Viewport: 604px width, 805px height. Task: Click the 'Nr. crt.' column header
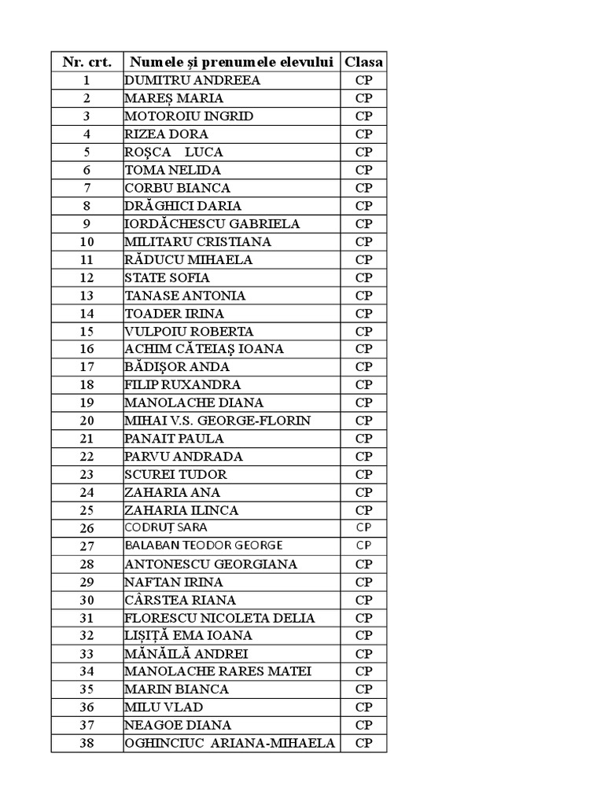[87, 62]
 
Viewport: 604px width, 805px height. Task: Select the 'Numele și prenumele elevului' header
[232, 62]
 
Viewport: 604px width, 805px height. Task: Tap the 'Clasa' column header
[363, 62]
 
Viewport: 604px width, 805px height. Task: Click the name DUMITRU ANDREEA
[192, 80]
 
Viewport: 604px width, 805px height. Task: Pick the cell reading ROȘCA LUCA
[174, 152]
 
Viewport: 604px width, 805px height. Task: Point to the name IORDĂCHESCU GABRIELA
[212, 223]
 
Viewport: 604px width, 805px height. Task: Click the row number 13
[87, 296]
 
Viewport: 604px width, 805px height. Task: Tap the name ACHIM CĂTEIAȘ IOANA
[204, 349]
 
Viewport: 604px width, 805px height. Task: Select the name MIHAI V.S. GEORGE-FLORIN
[217, 421]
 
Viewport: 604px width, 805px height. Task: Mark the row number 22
[87, 457]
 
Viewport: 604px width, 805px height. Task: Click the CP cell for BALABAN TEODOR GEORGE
[363, 546]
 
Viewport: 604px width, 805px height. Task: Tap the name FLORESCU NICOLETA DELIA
[219, 618]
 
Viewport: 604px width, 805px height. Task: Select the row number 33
[87, 654]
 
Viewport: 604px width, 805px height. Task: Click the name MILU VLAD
[164, 708]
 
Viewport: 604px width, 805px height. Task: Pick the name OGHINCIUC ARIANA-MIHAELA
[230, 744]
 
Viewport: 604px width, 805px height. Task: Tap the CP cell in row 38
[363, 744]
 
